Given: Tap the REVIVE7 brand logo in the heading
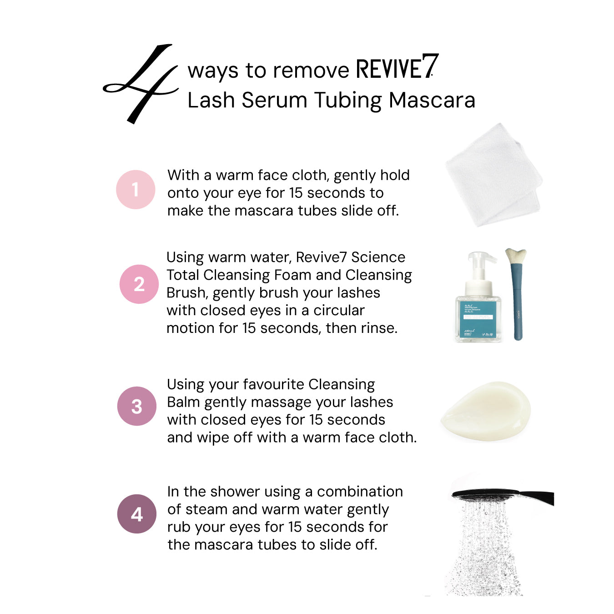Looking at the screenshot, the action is (x=398, y=66).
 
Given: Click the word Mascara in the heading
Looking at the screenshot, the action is (x=432, y=101).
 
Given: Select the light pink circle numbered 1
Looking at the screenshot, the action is (x=136, y=190).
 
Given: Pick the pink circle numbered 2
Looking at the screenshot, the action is (x=139, y=284).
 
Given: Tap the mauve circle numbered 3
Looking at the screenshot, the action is (x=137, y=406).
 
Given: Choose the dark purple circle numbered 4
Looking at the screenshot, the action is (x=137, y=514).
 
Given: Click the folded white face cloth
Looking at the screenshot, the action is (x=494, y=175).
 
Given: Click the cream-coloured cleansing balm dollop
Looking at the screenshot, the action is (x=486, y=411).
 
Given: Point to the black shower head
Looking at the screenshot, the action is (x=503, y=496).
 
